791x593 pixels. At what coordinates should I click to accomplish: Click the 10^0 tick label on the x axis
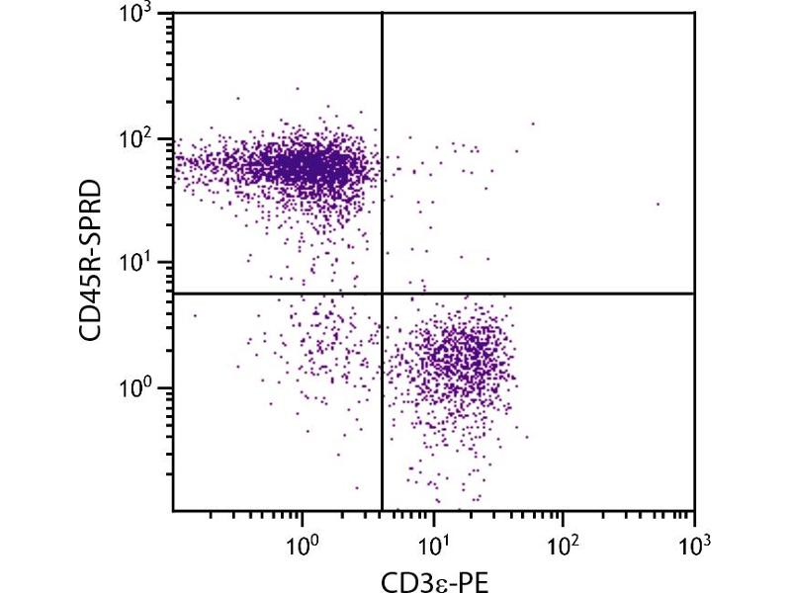(x=302, y=543)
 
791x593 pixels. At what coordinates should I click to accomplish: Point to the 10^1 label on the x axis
(x=432, y=543)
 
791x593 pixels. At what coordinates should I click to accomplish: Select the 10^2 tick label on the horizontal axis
(x=563, y=543)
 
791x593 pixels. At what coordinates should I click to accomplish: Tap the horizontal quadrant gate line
(x=544, y=294)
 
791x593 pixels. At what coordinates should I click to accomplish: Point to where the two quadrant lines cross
(x=382, y=294)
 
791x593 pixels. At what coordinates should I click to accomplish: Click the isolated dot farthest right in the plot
(x=658, y=205)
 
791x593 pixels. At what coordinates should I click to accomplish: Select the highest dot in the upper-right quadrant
(x=533, y=124)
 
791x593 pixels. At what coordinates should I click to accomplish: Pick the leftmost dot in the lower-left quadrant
(x=195, y=316)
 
